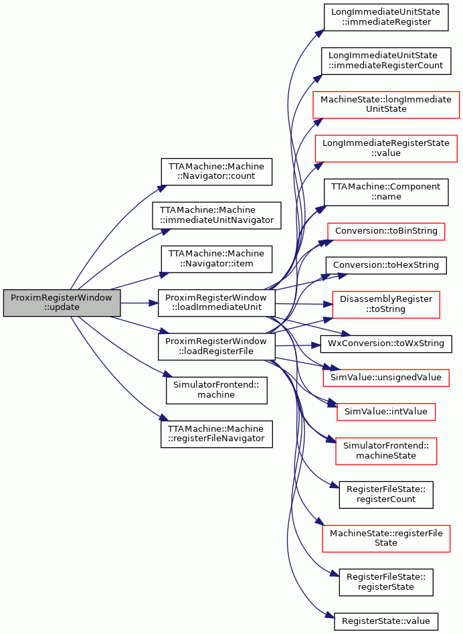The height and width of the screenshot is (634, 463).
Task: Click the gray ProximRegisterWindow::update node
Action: coord(62,303)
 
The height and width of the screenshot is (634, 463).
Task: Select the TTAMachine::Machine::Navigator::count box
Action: coord(217,172)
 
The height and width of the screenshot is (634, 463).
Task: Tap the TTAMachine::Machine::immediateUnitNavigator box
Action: coord(217,216)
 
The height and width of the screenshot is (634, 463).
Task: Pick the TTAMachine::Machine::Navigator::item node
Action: coord(217,259)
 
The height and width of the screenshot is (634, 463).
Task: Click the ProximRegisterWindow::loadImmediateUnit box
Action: coord(217,303)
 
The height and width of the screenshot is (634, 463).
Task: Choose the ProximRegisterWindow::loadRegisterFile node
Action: coord(217,347)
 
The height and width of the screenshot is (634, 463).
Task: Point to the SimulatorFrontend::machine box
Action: coord(217,390)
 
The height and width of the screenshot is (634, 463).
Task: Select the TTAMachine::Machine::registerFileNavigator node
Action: coord(217,434)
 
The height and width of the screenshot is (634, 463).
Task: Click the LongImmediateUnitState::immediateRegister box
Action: coord(386,17)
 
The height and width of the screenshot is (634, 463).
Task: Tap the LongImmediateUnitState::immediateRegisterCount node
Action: coord(386,61)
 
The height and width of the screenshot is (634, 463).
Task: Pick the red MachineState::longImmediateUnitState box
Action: coord(386,104)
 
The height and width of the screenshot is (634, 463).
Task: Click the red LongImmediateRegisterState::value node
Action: coord(386,149)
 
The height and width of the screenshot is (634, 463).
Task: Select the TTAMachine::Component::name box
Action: coord(386,192)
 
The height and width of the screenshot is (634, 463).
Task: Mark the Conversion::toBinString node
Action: coord(386,231)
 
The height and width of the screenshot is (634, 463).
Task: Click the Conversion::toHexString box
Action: coord(386,265)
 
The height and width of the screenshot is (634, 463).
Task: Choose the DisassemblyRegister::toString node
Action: coord(386,305)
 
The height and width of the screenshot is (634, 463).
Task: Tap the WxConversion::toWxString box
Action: coord(386,343)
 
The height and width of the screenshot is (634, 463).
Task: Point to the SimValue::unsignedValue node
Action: coord(386,378)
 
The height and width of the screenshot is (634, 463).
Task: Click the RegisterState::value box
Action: coord(386,621)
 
